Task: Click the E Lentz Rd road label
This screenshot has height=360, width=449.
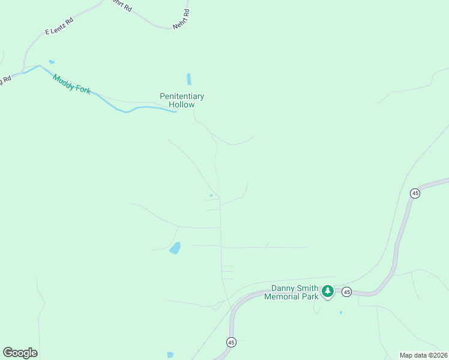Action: coord(59,26)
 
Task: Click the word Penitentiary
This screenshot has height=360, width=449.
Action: coord(182,96)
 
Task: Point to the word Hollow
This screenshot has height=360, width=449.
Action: coord(182,104)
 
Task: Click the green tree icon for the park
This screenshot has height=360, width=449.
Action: coord(327,292)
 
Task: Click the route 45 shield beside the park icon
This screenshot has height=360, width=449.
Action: coord(347,292)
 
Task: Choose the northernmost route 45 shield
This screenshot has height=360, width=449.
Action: coord(415,193)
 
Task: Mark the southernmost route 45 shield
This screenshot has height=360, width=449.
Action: coord(231,342)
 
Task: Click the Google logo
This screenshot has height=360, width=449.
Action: coord(20,353)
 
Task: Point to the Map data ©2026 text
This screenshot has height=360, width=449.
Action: coord(423,355)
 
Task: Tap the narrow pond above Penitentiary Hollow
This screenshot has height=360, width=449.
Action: coord(189,79)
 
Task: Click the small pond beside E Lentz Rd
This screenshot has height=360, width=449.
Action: coord(52,62)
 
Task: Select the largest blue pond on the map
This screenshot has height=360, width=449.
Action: coord(175,248)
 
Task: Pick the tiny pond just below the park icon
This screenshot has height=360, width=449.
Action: coord(341,313)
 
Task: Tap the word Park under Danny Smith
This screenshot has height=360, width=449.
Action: coord(309,296)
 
